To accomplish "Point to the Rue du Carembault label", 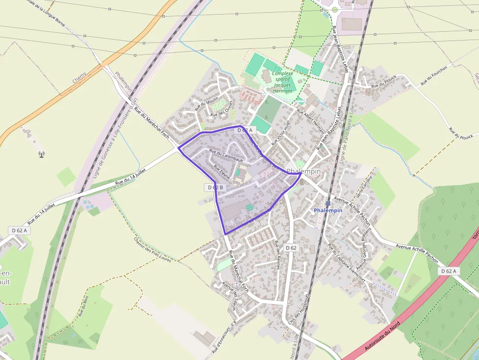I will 226,155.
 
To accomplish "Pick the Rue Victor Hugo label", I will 281,132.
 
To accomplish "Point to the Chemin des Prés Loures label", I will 152,249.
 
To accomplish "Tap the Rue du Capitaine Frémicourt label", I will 347,264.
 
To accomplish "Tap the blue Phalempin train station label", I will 328,211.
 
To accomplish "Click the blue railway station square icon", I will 328,203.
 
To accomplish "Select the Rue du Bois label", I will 83,306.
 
